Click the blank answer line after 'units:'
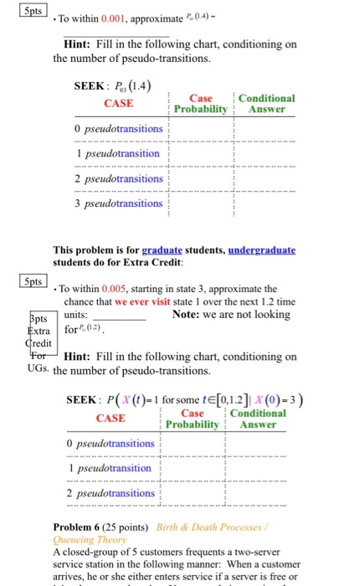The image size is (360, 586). point(120,316)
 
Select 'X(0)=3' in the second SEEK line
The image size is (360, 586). point(278,398)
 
